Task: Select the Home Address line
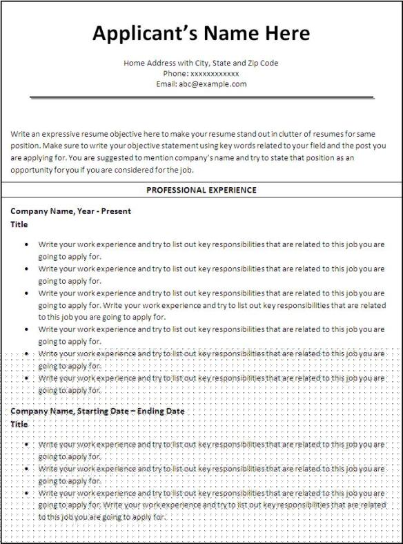[x=201, y=63]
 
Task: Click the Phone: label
[x=175, y=73]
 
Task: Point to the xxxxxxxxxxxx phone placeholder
[x=215, y=73]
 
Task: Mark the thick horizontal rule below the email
[x=201, y=97]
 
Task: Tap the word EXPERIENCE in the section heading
[x=232, y=190]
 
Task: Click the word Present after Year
[x=116, y=211]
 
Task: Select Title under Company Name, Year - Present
[x=19, y=224]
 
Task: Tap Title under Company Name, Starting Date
[x=19, y=424]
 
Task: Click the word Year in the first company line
[x=81, y=211]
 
